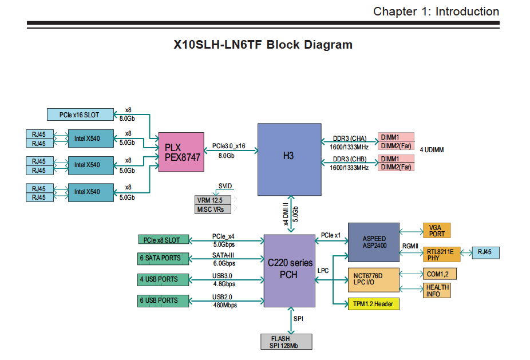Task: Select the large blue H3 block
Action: tap(289, 160)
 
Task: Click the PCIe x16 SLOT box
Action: tap(80, 114)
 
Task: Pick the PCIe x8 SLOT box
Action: tap(163, 239)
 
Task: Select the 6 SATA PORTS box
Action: tap(163, 258)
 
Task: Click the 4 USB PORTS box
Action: tap(163, 279)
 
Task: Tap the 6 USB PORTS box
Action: tap(163, 300)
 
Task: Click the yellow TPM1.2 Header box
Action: tap(373, 304)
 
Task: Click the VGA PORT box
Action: tap(437, 231)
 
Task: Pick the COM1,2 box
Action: tap(438, 274)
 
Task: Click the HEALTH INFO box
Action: tap(437, 290)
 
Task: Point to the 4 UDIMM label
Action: tap(432, 150)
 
